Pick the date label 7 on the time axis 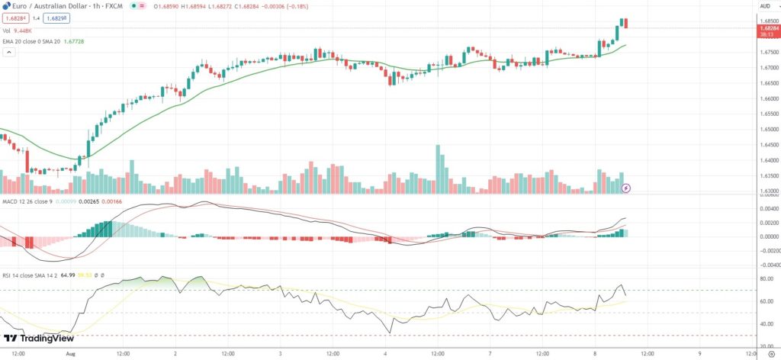490,354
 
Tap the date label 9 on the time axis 699,354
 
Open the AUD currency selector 765,6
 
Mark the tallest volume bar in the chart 438,169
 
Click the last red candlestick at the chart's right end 626,23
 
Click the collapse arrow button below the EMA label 10,53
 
